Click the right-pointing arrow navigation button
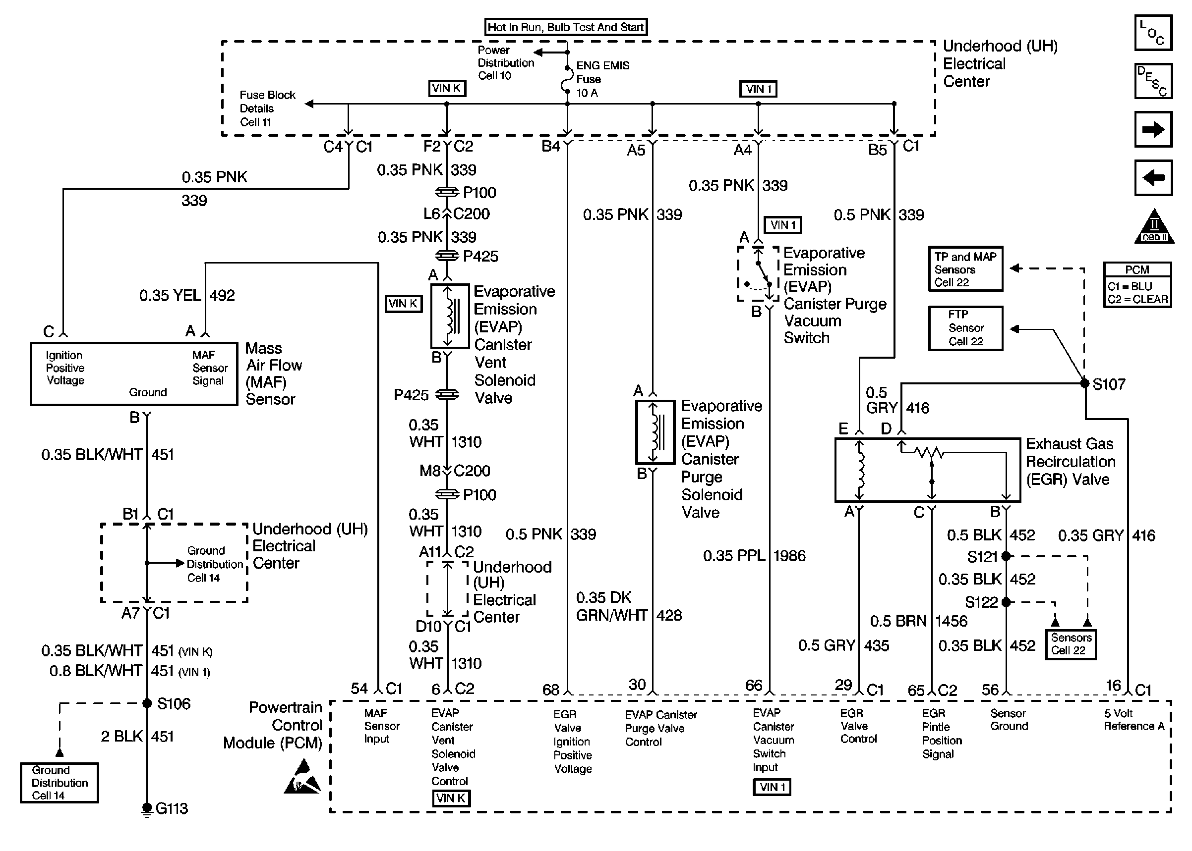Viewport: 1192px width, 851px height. point(1153,129)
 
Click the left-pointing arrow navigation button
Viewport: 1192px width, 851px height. point(1153,178)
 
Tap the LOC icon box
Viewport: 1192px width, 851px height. point(1153,33)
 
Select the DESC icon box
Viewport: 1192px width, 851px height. point(1153,81)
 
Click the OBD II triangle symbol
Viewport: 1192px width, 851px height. point(1154,226)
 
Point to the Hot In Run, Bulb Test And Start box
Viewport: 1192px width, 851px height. point(566,27)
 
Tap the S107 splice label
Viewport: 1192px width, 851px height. point(1109,384)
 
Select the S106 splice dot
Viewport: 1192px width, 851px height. point(147,703)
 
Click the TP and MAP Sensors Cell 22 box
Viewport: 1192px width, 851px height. point(965,269)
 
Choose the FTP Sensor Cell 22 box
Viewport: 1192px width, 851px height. point(965,328)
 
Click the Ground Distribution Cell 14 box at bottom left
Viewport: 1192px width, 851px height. point(60,782)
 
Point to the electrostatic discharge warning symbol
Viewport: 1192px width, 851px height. point(302,777)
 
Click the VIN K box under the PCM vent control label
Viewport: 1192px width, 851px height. point(451,798)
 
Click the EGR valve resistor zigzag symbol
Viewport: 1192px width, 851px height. point(929,453)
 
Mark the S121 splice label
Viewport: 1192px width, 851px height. point(982,556)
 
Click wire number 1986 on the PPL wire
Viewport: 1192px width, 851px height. point(789,555)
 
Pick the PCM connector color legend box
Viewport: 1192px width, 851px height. point(1137,284)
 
